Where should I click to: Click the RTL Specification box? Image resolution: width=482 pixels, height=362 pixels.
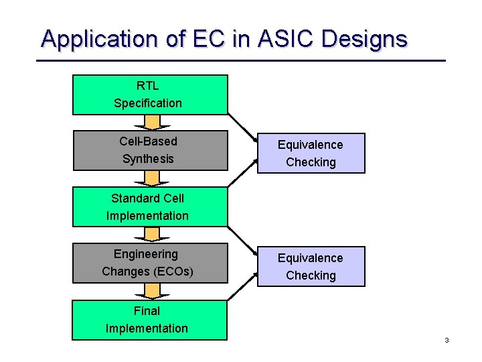pyautogui.click(x=150, y=95)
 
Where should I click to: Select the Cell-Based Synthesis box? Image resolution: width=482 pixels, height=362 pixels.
pyautogui.click(x=150, y=150)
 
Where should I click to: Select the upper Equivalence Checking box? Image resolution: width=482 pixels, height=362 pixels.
pyautogui.click(x=311, y=154)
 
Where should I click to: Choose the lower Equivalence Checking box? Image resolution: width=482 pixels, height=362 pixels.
pyautogui.click(x=311, y=266)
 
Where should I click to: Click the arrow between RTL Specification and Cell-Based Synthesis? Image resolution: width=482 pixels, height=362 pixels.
pyautogui.click(x=153, y=123)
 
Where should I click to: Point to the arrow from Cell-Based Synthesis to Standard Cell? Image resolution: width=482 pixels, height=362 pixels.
pyautogui.click(x=153, y=178)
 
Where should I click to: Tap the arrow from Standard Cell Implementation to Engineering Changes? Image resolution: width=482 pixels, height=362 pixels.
pyautogui.click(x=153, y=234)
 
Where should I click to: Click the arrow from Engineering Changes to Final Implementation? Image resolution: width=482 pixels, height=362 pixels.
pyautogui.click(x=153, y=291)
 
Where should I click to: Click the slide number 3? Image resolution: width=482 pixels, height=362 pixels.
pyautogui.click(x=446, y=341)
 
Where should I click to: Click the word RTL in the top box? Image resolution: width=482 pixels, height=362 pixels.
pyautogui.click(x=147, y=86)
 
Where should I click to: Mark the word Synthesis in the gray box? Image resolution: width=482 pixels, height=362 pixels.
pyautogui.click(x=148, y=159)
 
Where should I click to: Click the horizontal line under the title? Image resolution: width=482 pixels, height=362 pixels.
pyautogui.click(x=241, y=61)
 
